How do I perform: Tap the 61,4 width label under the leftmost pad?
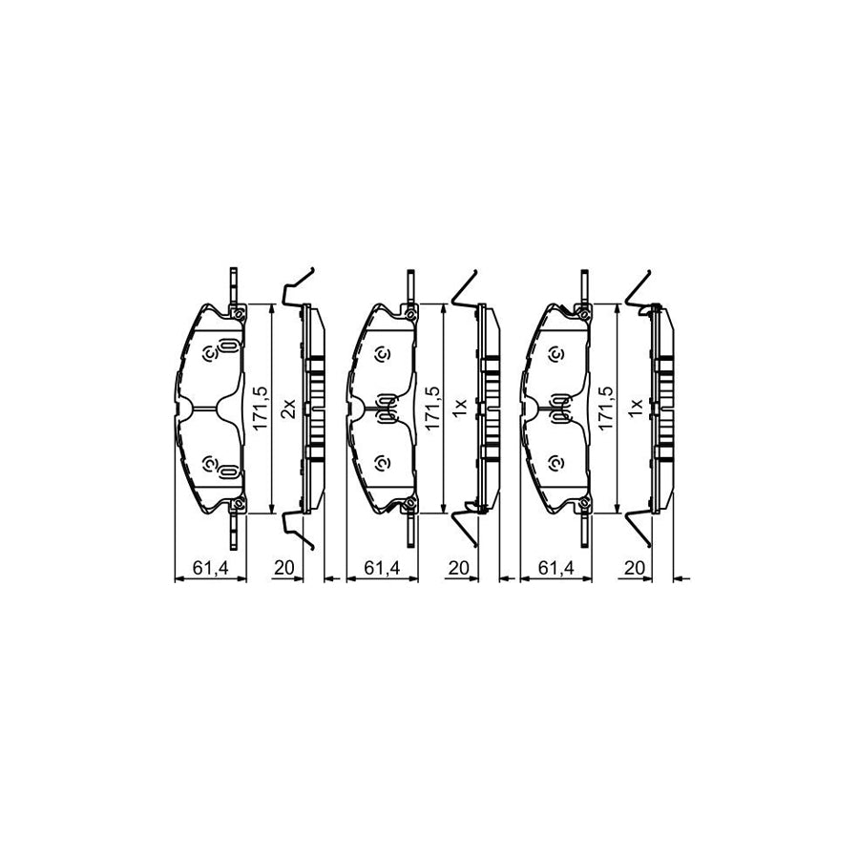(210, 569)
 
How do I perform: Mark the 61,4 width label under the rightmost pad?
(555, 569)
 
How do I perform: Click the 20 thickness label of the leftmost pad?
(283, 569)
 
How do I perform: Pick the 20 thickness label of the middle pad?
(457, 569)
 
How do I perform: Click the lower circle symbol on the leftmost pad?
(210, 464)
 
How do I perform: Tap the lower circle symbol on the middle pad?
(383, 464)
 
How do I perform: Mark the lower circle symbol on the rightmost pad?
(555, 464)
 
